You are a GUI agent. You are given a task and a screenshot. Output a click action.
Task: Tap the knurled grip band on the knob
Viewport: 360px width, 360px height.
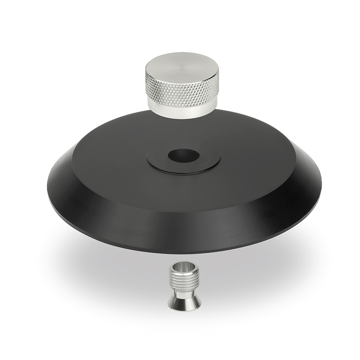[182, 90]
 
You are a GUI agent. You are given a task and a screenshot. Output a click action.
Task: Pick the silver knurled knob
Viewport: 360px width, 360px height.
[182, 88]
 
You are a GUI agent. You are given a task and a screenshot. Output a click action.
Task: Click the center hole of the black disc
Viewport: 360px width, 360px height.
[184, 155]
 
